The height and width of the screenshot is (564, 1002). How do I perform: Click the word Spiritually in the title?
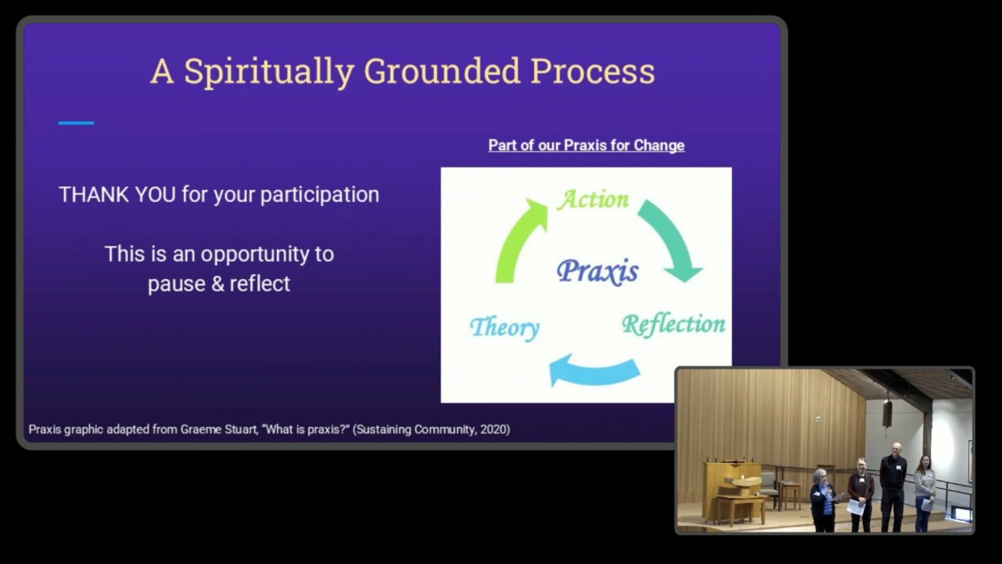pos(269,72)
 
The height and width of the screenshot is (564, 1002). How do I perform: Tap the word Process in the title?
pos(592,71)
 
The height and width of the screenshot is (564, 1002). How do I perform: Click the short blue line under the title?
pos(76,123)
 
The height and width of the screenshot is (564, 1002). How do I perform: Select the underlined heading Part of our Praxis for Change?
pos(587,145)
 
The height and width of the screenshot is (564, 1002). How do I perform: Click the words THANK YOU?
pos(117,194)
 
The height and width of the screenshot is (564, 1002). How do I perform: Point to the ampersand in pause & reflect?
pos(218,284)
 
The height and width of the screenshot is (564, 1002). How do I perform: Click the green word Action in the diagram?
pos(593,199)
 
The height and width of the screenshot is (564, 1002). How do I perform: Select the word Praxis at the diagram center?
pos(598,272)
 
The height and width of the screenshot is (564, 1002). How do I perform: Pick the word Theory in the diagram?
pos(505,328)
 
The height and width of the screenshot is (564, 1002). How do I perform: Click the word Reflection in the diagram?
pos(673,325)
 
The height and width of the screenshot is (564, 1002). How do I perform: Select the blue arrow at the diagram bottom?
pos(595,372)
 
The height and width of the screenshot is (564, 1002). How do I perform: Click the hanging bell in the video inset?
pos(887,413)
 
